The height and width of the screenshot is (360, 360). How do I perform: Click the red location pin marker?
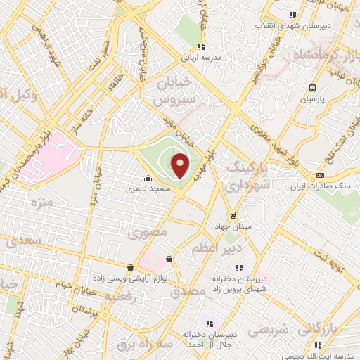coord(181,165)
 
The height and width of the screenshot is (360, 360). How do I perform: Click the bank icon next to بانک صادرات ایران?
coord(321,175)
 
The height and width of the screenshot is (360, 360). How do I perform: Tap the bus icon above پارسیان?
coord(312,89)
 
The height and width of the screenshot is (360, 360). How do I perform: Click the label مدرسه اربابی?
coord(202,58)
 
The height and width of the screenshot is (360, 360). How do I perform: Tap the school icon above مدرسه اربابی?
coord(202,47)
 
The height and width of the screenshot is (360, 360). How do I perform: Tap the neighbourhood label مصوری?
coord(150,231)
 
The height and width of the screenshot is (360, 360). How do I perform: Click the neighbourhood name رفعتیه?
coord(122,297)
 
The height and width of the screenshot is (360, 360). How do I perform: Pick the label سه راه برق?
coord(143,345)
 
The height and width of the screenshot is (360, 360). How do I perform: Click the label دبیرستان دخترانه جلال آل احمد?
coord(211,339)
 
